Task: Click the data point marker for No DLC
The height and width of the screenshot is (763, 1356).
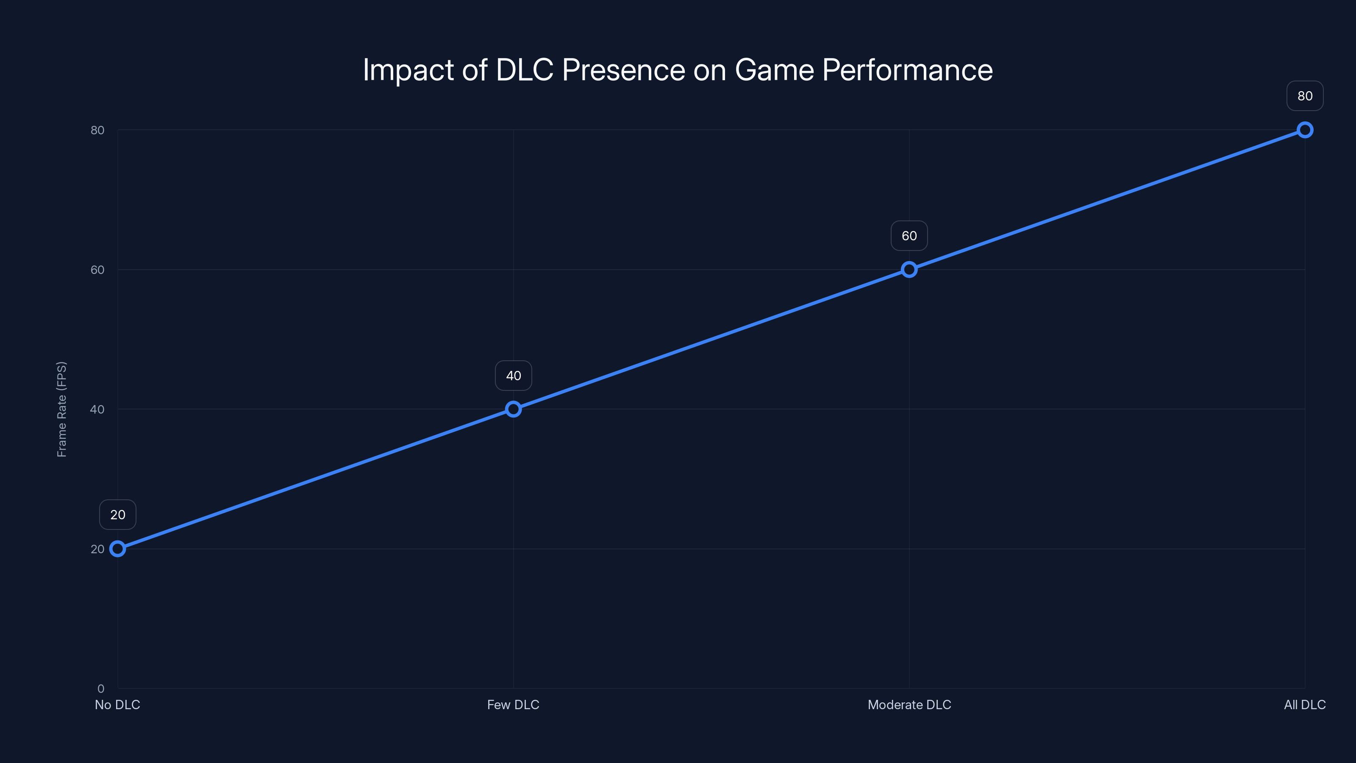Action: [x=117, y=549]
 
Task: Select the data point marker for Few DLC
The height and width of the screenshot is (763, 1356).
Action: [x=513, y=409]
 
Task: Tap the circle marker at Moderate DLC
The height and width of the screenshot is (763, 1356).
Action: [x=909, y=270]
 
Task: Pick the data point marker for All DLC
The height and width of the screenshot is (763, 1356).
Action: [x=1305, y=130]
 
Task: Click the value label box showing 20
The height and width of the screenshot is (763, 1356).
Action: [x=117, y=515]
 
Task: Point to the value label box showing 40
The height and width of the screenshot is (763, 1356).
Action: [x=513, y=376]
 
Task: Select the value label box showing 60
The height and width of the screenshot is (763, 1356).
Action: [x=909, y=236]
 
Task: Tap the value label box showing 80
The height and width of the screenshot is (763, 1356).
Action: [x=1305, y=96]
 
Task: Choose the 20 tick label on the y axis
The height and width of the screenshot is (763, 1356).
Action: [x=97, y=549]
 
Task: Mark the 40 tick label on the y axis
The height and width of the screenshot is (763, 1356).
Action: [x=97, y=409]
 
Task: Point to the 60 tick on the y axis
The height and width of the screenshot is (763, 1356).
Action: [x=97, y=270]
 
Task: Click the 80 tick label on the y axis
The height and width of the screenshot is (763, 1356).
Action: [x=97, y=130]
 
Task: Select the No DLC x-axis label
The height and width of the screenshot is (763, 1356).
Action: [x=117, y=705]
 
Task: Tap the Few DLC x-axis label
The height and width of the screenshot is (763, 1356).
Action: [x=513, y=705]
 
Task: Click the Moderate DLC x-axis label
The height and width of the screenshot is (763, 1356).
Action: [x=909, y=705]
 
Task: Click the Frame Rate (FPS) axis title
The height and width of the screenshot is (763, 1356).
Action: [x=61, y=409]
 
